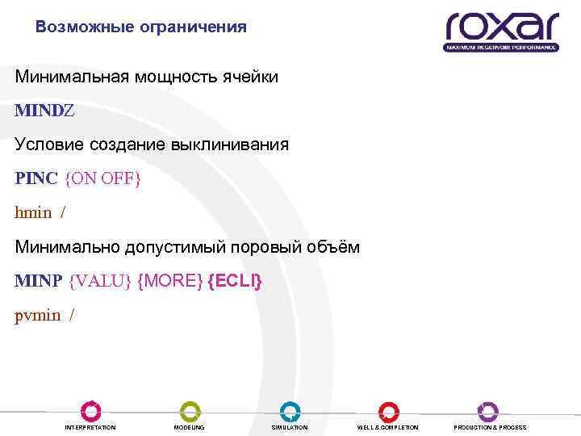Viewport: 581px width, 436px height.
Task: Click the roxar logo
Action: point(501,30)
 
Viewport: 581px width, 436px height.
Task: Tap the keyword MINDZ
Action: point(44,111)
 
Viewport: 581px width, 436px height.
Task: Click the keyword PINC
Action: point(36,178)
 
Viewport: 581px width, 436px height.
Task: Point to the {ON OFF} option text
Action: point(102,178)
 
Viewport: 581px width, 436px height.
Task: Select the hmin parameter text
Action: point(33,213)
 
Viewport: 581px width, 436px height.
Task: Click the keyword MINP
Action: point(39,281)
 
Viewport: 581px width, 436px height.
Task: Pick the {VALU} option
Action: point(101,281)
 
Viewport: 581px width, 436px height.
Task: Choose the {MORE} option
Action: point(170,281)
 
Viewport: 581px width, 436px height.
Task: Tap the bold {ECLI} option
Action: point(235,281)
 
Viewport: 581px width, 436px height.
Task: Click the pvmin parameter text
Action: point(38,316)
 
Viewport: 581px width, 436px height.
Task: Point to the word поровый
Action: point(274,247)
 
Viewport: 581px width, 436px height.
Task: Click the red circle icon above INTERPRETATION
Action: point(90,410)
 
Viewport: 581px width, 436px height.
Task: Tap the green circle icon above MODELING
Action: point(190,410)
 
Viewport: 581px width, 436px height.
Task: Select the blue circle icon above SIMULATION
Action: point(290,410)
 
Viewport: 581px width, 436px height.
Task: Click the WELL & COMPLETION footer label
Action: point(388,427)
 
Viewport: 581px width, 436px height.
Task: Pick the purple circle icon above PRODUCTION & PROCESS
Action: point(488,410)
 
